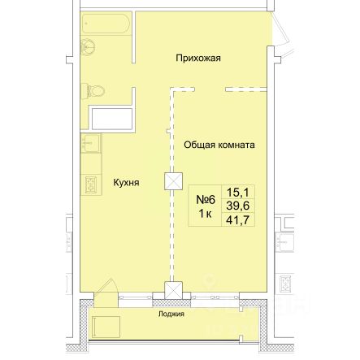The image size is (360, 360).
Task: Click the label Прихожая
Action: pos(198,59)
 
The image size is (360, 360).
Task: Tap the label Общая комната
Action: pos(219,145)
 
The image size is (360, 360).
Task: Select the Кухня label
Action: pos(126,183)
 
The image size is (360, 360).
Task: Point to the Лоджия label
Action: pos(171,314)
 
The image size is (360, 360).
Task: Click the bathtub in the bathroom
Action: pos(106,24)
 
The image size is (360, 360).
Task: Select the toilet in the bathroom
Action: pos(93,91)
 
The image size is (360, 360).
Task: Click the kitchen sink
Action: pos(90,143)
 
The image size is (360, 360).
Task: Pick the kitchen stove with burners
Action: pos(91,184)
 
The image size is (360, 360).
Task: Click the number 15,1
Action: pos(238,193)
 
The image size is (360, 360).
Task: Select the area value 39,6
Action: pos(238,206)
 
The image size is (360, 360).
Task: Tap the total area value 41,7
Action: pos(238,220)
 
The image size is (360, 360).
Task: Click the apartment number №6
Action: pos(206,200)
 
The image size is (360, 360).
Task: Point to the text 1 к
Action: pos(206,214)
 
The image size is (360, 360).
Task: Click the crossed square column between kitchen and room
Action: pos(173,181)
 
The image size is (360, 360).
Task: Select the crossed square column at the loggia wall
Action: pos(173,290)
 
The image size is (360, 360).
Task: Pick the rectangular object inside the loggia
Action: pos(106,327)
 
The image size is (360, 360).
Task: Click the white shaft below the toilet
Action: pos(112,119)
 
